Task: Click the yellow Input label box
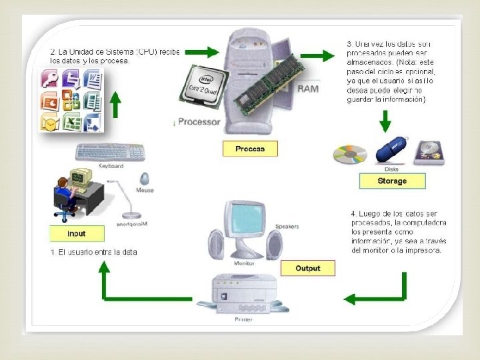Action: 77,233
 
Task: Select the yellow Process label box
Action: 250,149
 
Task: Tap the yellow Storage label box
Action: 391,181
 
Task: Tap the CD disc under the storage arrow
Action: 350,155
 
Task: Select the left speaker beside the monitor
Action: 216,246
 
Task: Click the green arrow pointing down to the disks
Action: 385,120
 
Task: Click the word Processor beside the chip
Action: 199,122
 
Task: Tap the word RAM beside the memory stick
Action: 307,89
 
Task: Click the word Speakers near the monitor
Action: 287,226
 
